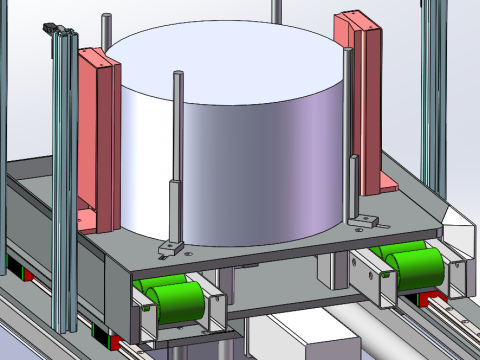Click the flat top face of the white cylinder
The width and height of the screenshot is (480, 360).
tap(225, 60)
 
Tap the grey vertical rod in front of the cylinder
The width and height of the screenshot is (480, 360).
tap(176, 150)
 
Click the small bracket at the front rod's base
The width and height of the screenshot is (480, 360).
tap(170, 245)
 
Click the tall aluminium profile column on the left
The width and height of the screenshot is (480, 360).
tap(62, 180)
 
